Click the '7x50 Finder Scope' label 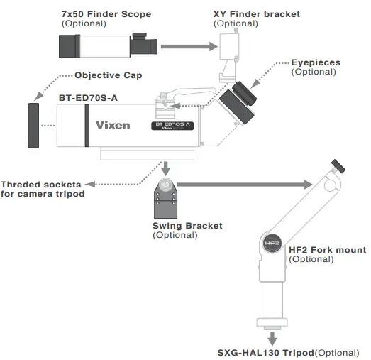point(106,13)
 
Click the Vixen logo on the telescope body point(113,126)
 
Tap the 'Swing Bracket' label point(187,226)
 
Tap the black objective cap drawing point(33,126)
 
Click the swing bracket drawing point(165,198)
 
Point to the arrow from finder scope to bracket point(185,47)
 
